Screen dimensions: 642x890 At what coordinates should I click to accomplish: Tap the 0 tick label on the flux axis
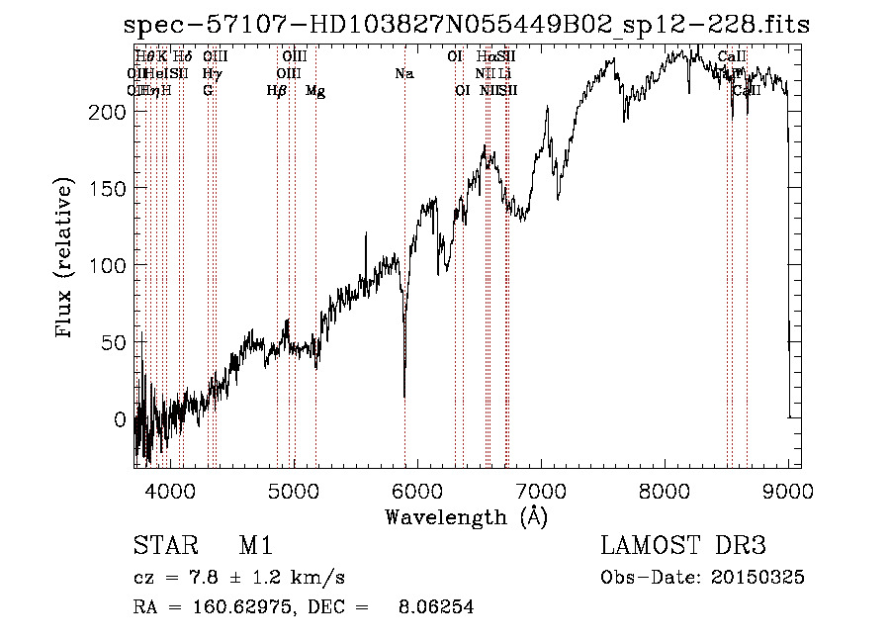[x=120, y=419]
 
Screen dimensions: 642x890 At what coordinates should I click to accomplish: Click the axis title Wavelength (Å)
[x=466, y=516]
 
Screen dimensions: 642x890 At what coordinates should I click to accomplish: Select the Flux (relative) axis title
[x=66, y=259]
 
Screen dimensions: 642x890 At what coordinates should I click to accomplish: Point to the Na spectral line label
[x=403, y=74]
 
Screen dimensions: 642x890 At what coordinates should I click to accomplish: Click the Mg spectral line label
[x=315, y=91]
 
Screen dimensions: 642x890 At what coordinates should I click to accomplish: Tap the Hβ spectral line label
[x=277, y=91]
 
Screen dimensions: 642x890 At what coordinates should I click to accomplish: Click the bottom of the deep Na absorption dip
[x=404, y=396]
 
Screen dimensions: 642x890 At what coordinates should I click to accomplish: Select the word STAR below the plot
[x=165, y=546]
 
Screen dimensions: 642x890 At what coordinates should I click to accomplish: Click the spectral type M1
[x=255, y=546]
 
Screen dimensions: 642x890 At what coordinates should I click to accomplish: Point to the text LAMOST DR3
[x=683, y=546]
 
